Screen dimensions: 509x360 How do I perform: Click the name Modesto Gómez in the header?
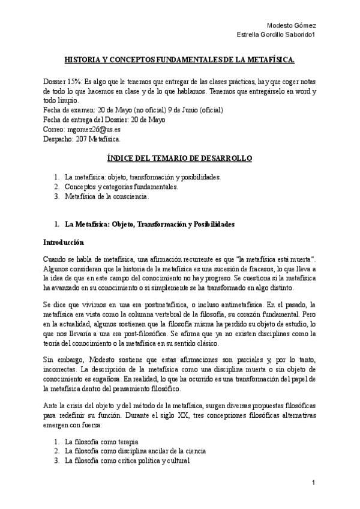[x=291, y=25]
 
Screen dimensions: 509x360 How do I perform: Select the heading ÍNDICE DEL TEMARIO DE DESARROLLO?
[x=179, y=158]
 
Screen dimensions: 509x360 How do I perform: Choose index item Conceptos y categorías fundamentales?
[x=121, y=187]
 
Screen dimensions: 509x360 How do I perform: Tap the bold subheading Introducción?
[x=64, y=242]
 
